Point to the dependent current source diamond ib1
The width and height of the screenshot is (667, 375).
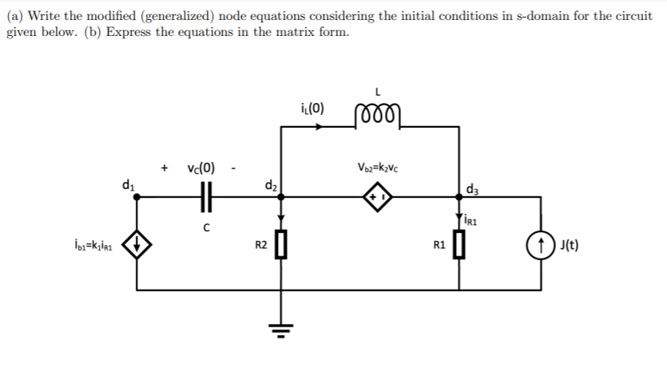pos(138,243)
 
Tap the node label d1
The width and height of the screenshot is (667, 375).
pos(127,186)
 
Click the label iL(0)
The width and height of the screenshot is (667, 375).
pos(311,108)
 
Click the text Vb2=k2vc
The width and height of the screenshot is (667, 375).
pos(379,168)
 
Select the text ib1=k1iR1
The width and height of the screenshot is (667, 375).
pos(95,243)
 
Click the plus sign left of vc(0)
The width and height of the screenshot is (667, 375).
pos(165,168)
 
